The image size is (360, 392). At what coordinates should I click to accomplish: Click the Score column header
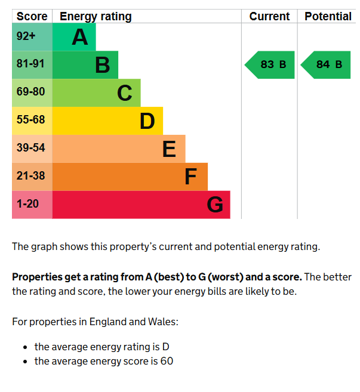[x=32, y=17]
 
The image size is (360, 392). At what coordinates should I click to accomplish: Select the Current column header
[x=269, y=17]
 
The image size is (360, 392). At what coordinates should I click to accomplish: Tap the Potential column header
[x=328, y=17]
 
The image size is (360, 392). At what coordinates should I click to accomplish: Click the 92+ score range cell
[x=32, y=37]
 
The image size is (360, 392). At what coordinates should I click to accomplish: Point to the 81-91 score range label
[x=30, y=63]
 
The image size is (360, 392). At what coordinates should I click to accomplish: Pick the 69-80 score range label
[x=31, y=91]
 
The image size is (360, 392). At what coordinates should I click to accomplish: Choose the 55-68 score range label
[x=31, y=119]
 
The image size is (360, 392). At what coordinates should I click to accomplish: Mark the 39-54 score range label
[x=31, y=147]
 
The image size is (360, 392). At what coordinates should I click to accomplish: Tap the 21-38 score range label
[x=31, y=175]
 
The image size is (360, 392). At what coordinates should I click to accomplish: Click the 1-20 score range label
[x=27, y=203]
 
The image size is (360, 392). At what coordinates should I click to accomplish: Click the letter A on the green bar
[x=80, y=37]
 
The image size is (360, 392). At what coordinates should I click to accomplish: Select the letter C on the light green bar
[x=125, y=92]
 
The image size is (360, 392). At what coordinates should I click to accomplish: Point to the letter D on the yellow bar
[x=147, y=121]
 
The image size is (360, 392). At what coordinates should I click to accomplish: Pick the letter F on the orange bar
[x=190, y=177]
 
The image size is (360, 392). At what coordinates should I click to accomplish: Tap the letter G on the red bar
[x=215, y=205]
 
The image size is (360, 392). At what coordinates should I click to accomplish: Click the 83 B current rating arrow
[x=270, y=65]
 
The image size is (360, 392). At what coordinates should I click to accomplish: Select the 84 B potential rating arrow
[x=325, y=65]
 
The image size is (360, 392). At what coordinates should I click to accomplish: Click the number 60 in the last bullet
[x=167, y=361]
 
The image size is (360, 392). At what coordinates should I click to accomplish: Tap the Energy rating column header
[x=96, y=17]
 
